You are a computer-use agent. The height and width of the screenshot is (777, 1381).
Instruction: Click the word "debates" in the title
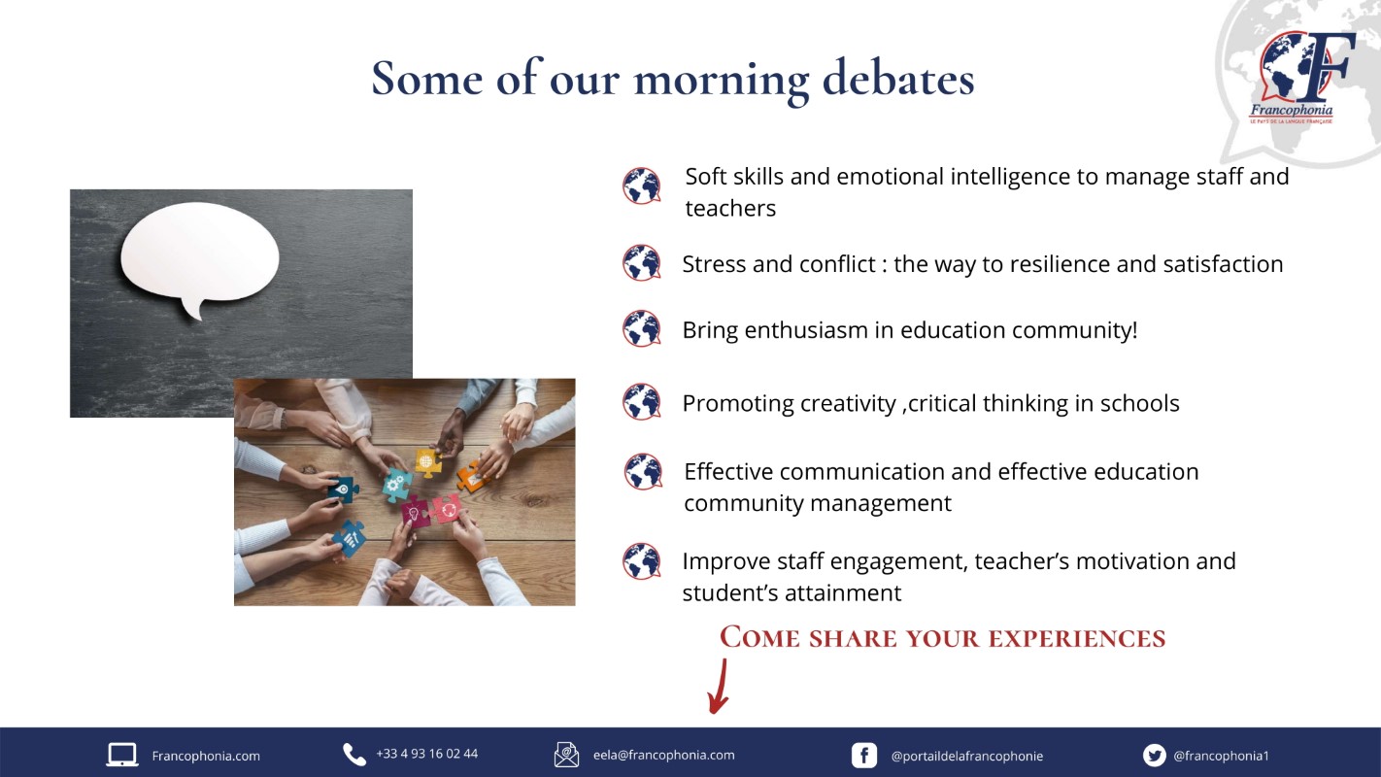897,79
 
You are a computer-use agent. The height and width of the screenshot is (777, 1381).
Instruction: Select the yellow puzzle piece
428,462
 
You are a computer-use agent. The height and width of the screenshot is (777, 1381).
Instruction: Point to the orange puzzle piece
473,477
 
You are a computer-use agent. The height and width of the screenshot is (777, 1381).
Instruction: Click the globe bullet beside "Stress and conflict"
641,262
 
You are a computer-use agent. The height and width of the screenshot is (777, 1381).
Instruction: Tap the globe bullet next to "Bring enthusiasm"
641,328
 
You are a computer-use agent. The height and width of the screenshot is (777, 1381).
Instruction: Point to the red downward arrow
719,687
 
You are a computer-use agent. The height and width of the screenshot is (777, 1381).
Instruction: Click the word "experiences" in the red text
1077,638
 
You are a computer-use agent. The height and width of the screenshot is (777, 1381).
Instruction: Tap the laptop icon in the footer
122,755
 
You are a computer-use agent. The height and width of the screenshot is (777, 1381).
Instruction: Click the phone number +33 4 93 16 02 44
426,754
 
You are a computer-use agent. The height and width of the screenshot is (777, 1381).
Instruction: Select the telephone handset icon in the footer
354,755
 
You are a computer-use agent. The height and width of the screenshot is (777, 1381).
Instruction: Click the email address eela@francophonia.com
664,755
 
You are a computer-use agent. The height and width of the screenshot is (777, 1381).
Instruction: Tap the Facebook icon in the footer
863,756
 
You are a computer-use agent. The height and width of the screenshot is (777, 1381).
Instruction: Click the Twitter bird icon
1154,756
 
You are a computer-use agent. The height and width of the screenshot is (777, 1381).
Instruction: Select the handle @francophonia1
1221,756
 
